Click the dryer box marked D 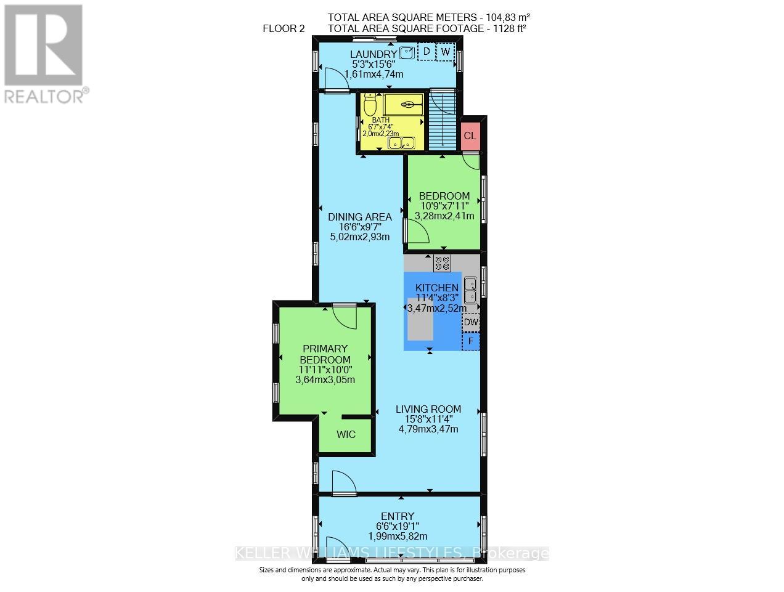click(x=425, y=52)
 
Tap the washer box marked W click(x=445, y=52)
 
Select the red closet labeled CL click(x=470, y=136)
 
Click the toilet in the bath click(x=370, y=105)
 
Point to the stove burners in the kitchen click(x=442, y=263)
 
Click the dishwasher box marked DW click(x=471, y=322)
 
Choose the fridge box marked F click(x=471, y=341)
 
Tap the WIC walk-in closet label click(x=346, y=434)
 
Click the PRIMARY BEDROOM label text click(x=325, y=354)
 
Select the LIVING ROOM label click(x=428, y=409)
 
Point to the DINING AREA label click(x=359, y=217)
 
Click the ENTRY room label click(x=398, y=516)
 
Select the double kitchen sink click(x=470, y=290)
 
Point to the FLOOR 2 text click(x=284, y=28)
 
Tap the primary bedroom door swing click(x=345, y=316)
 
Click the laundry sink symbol click(x=407, y=52)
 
